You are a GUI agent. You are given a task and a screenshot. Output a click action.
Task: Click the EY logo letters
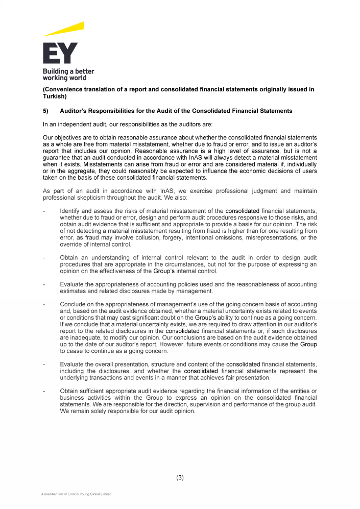coord(60,53)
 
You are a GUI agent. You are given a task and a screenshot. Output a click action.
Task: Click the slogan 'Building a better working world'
coord(68,75)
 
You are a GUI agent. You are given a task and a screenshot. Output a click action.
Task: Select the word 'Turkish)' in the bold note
coord(55,96)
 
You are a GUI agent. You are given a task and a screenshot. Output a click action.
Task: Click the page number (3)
coord(180,478)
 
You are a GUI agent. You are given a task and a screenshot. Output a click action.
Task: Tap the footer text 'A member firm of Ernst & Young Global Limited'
coord(77,494)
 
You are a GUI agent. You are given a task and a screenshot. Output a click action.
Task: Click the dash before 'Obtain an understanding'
coord(44,258)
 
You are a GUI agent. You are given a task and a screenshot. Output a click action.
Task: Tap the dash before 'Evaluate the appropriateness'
coord(44,284)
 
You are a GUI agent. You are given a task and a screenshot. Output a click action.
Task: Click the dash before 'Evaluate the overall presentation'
coord(44,365)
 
